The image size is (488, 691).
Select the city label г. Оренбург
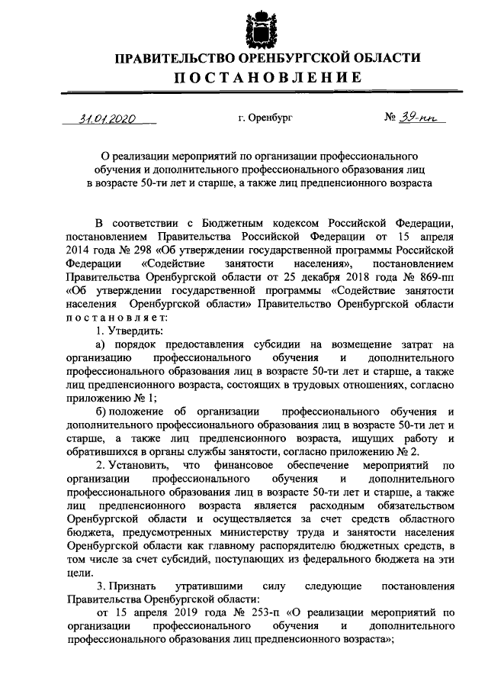265,119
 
